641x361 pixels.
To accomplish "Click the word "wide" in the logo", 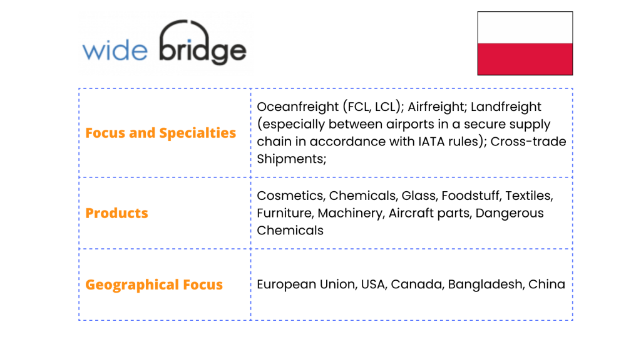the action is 115,51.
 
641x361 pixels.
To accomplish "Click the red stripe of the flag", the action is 525,59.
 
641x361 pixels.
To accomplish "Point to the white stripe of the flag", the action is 525,28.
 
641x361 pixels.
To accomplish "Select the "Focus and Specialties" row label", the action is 161,133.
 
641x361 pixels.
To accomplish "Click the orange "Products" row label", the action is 116,213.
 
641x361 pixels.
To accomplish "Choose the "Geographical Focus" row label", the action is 154,285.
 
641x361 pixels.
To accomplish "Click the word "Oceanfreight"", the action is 297,107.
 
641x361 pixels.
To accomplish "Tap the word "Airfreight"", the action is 437,107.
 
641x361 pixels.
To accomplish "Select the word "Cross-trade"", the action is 528,142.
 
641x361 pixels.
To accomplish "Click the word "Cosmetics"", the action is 291,196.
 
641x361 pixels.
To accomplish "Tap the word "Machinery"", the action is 351,214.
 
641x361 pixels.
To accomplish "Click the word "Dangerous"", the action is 510,214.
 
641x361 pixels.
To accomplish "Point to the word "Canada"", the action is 418,285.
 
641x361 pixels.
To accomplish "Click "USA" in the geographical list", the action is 374,285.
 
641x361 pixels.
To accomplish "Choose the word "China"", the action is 546,285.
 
